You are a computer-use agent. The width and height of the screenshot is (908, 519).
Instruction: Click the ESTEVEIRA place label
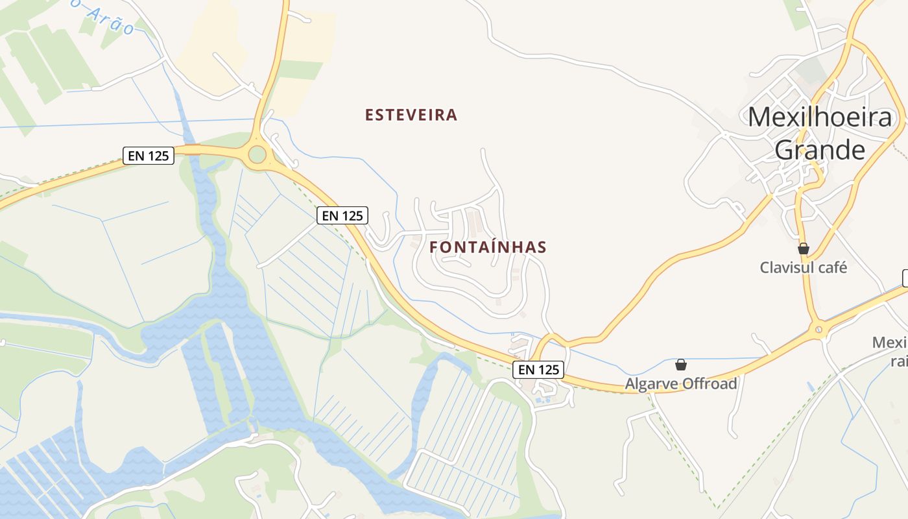[x=411, y=115]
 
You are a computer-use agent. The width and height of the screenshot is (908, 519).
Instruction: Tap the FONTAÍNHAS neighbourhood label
[x=488, y=247]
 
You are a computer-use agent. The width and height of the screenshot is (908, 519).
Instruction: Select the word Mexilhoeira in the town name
[x=820, y=117]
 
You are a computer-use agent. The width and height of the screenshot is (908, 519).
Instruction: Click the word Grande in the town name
[x=820, y=150]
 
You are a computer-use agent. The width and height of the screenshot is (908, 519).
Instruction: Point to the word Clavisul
[x=785, y=267]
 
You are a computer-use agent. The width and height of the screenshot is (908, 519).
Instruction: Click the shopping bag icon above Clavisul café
[x=804, y=248]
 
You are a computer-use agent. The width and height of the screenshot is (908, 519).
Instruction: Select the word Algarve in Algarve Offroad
[x=651, y=384]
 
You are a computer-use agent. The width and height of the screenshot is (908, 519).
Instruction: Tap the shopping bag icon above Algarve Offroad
[x=681, y=365]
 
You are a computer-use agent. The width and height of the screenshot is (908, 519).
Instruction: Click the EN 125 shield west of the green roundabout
[x=149, y=156]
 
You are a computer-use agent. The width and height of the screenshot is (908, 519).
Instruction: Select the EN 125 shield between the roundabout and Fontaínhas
[x=342, y=215]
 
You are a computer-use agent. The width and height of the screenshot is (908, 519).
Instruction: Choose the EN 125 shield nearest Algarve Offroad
[x=538, y=370]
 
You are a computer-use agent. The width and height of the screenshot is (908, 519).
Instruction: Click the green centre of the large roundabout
[x=257, y=154]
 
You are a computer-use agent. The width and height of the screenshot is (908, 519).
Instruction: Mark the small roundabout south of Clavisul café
[x=819, y=330]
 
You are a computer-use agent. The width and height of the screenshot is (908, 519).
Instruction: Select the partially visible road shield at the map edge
[x=905, y=278]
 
